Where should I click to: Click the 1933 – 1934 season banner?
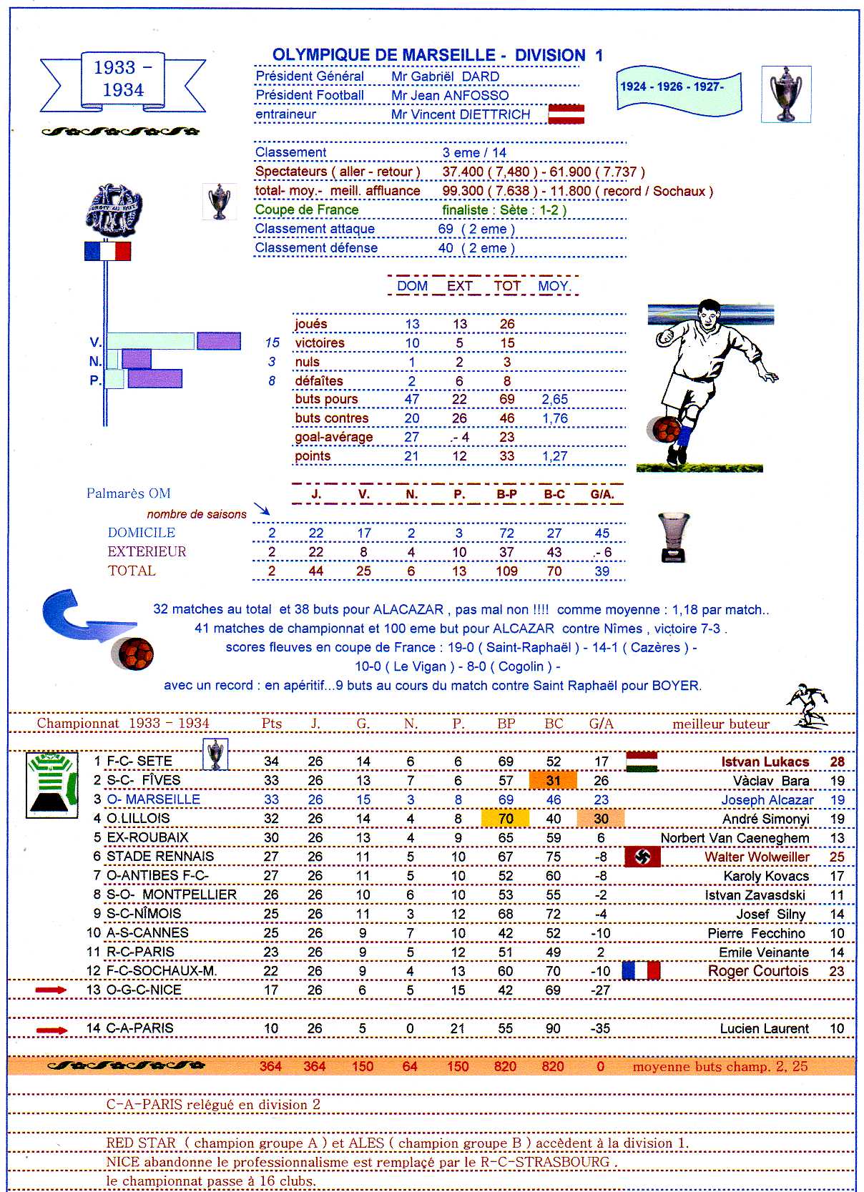pyautogui.click(x=123, y=80)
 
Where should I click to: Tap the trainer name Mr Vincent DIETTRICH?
pyautogui.click(x=461, y=114)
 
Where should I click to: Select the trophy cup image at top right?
pyautogui.click(x=786, y=94)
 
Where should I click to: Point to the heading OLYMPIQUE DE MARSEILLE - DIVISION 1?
pyautogui.click(x=437, y=55)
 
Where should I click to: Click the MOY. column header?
pyautogui.click(x=554, y=286)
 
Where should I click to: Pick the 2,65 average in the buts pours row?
pyautogui.click(x=554, y=399)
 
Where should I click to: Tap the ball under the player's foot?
pyautogui.click(x=666, y=430)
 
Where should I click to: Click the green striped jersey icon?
pyautogui.click(x=51, y=784)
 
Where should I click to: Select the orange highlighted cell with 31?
pyautogui.click(x=553, y=780)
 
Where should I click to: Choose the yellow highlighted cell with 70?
pyautogui.click(x=506, y=818)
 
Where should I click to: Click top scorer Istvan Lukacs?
pyautogui.click(x=765, y=762)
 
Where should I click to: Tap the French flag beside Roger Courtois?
pyautogui.click(x=641, y=970)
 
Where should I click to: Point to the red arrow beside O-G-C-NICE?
pyautogui.click(x=51, y=990)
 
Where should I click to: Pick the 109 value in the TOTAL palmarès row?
pyautogui.click(x=506, y=571)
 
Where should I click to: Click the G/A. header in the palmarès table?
pyautogui.click(x=602, y=494)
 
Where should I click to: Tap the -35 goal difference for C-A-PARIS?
pyautogui.click(x=600, y=1028)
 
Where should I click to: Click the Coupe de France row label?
pyautogui.click(x=307, y=210)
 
